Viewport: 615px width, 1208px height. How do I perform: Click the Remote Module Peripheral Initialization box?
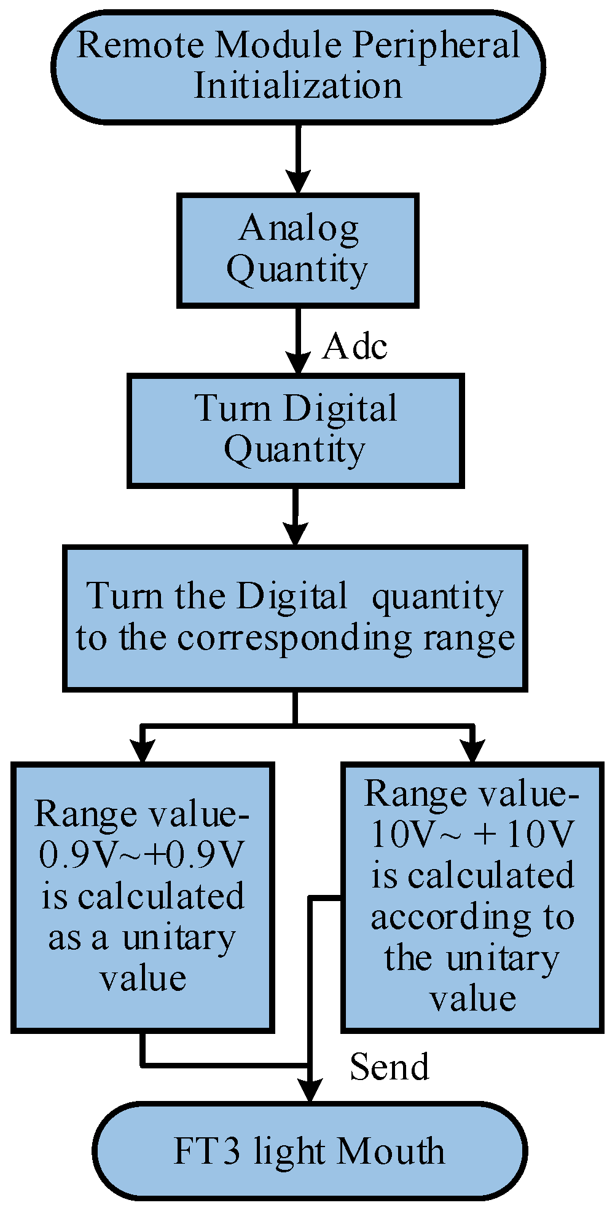[x=299, y=66]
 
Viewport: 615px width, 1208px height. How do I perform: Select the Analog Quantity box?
[x=298, y=250]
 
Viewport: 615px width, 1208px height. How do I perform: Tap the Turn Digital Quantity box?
[x=296, y=431]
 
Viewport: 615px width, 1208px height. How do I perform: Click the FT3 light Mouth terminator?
[x=310, y=1151]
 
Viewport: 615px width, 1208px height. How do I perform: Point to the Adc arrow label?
[x=355, y=346]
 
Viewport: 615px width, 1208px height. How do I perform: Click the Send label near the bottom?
[x=389, y=1067]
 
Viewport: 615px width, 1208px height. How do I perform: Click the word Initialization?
[x=299, y=86]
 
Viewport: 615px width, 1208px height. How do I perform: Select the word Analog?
[x=299, y=229]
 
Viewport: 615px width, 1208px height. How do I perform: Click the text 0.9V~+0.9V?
[x=142, y=855]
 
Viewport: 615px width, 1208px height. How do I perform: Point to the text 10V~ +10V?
[x=472, y=835]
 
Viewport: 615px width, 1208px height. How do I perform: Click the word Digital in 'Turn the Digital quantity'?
[x=292, y=597]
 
